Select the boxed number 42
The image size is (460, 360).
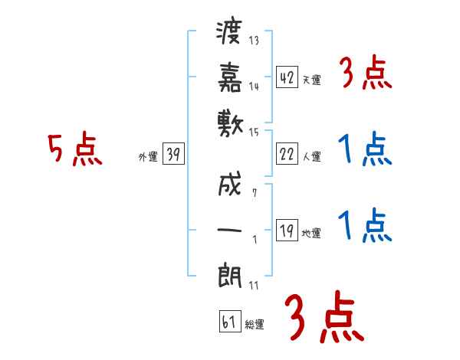click(x=287, y=77)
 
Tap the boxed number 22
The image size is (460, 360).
click(x=287, y=154)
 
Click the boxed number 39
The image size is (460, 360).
click(x=172, y=154)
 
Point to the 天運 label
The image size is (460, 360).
click(x=311, y=80)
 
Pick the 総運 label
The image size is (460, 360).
click(x=254, y=325)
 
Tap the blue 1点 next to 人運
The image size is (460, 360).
click(x=365, y=149)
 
